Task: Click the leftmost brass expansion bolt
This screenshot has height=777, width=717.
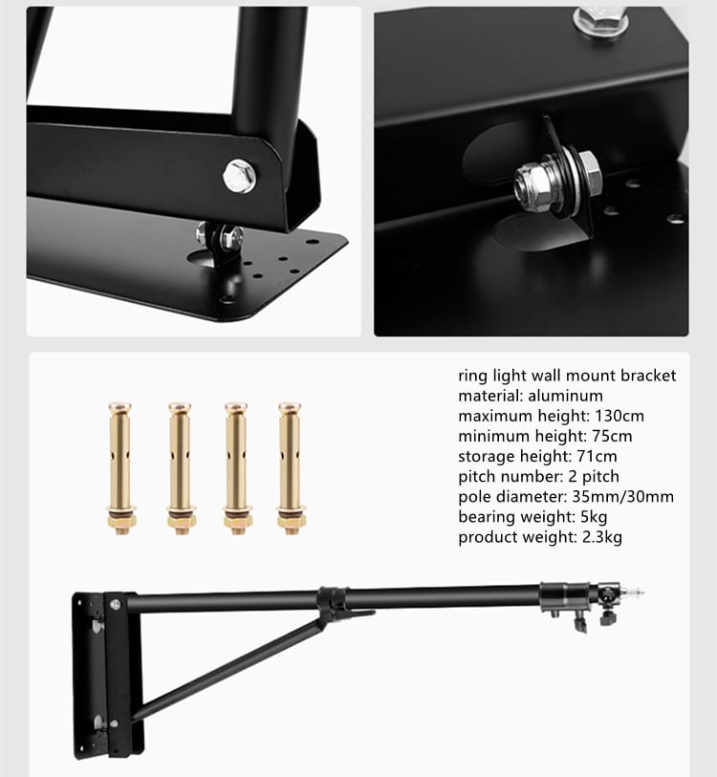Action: point(120,468)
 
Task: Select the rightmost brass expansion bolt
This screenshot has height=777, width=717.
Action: point(291,468)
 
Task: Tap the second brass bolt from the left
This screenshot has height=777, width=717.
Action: point(181,468)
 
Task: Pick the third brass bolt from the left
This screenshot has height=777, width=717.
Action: point(237,468)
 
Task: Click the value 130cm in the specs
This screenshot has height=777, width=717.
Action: point(619,416)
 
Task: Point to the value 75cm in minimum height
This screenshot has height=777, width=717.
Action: point(612,436)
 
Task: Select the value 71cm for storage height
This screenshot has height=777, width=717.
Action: point(597,456)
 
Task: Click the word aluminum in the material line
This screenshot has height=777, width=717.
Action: point(565,396)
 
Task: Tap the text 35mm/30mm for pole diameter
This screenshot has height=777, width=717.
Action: point(622,496)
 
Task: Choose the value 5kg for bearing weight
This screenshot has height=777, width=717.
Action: point(594,517)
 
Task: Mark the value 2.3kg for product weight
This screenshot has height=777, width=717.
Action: point(602,537)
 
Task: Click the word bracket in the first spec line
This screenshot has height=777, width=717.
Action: point(648,376)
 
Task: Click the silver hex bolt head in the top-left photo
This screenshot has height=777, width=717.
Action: point(240,176)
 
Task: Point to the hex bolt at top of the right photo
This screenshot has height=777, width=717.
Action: point(600,21)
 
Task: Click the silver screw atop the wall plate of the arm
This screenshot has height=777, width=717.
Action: point(116,605)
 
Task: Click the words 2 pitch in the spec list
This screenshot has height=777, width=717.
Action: point(594,476)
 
